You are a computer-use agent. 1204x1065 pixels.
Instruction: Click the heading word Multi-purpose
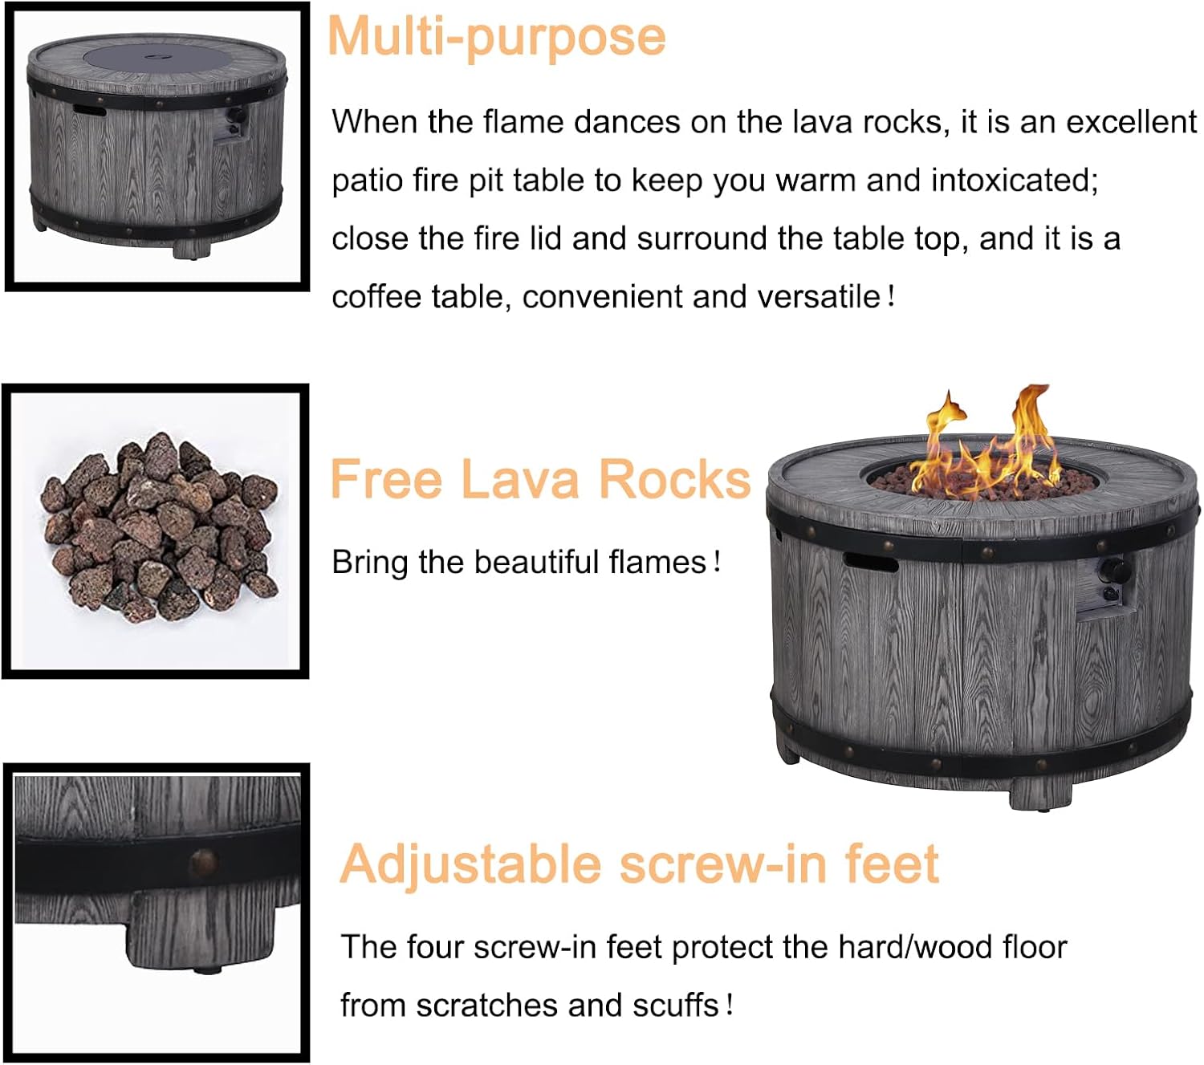click(x=496, y=37)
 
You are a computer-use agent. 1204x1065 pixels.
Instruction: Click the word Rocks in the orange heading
click(x=674, y=479)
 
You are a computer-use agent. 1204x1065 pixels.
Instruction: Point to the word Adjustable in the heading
click(x=470, y=865)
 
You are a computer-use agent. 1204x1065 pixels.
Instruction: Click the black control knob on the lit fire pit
click(x=1115, y=571)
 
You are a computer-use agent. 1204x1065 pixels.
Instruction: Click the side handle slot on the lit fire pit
click(x=870, y=561)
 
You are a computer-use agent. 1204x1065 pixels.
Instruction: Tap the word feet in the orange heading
click(x=892, y=865)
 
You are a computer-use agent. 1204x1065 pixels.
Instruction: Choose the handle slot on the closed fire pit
click(x=90, y=109)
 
